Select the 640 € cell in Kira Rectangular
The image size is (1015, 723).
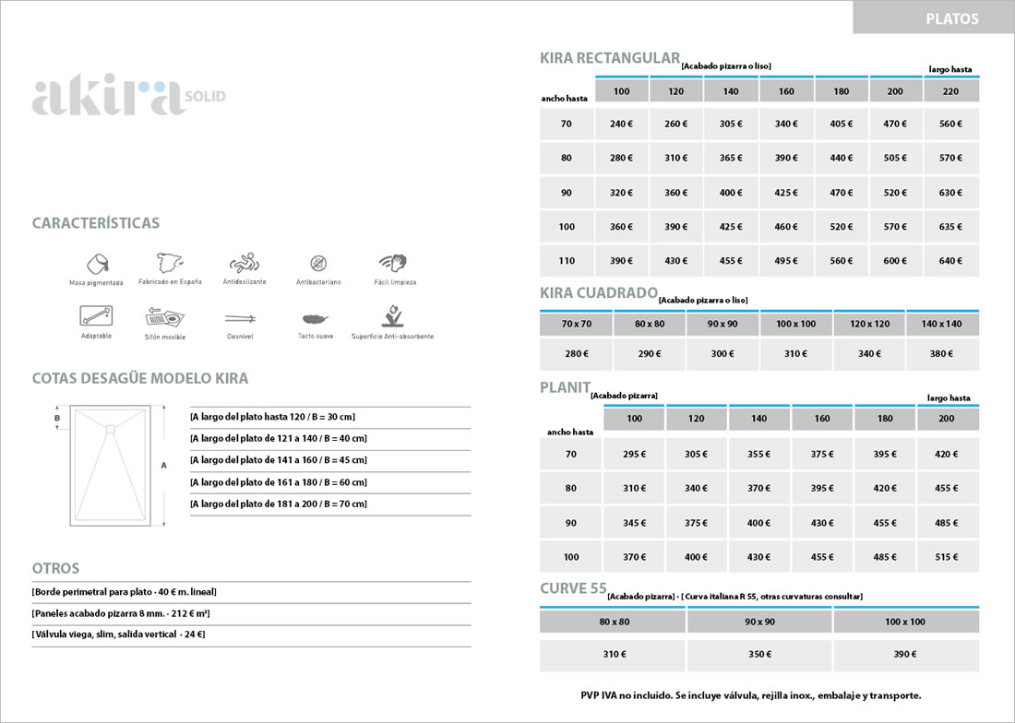pyautogui.click(x=951, y=261)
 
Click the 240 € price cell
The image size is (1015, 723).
pyautogui.click(x=621, y=124)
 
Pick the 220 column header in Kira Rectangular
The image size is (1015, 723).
pyautogui.click(x=951, y=91)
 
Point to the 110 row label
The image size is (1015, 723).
pyautogui.click(x=566, y=261)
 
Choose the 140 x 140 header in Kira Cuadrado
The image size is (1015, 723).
pyautogui.click(x=942, y=324)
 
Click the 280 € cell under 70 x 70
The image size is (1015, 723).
pyautogui.click(x=576, y=353)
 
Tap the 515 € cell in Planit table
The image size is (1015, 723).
pyautogui.click(x=947, y=557)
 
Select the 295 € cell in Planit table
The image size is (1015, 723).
pyautogui.click(x=634, y=454)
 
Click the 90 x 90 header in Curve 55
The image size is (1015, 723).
pyautogui.click(x=759, y=622)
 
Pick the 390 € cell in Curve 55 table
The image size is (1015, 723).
pyautogui.click(x=905, y=655)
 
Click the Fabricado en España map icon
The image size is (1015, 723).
pyautogui.click(x=170, y=262)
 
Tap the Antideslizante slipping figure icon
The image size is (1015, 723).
pyautogui.click(x=244, y=262)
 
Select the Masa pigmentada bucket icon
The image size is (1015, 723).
pyautogui.click(x=96, y=262)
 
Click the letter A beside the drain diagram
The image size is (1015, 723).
pyautogui.click(x=164, y=466)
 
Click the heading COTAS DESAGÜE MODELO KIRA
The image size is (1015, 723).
pyautogui.click(x=139, y=379)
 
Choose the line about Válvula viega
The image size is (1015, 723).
pyautogui.click(x=118, y=634)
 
